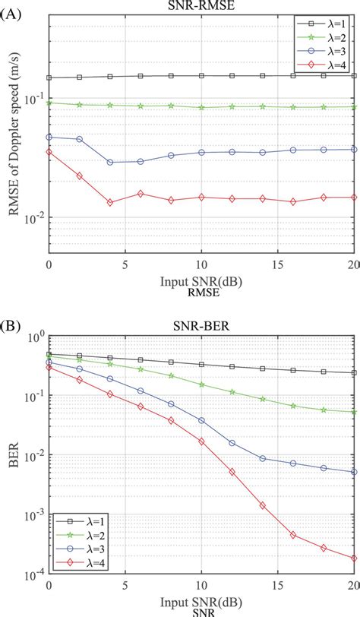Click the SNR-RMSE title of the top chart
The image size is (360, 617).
tap(201, 6)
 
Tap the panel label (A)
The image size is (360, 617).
tap(14, 7)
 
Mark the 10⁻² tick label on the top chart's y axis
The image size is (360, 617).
tap(35, 218)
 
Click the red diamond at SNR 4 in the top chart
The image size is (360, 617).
tap(110, 203)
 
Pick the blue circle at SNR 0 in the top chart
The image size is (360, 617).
tap(49, 138)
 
